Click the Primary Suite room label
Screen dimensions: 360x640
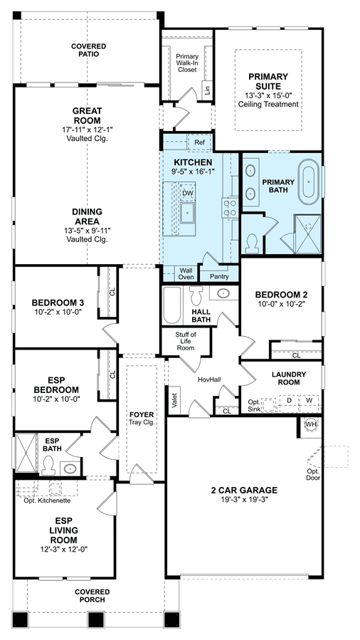click(268, 81)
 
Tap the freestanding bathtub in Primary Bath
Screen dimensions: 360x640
click(309, 182)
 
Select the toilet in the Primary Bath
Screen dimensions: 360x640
click(253, 243)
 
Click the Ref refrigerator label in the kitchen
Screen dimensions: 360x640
click(199, 142)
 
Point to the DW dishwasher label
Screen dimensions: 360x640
click(187, 193)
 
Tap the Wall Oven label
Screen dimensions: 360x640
click(186, 273)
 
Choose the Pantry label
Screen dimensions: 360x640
click(219, 276)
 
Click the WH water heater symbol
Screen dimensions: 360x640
click(311, 424)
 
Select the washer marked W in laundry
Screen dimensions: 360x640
click(309, 400)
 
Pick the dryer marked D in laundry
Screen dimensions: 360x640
click(289, 400)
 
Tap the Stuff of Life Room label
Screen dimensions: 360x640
click(186, 342)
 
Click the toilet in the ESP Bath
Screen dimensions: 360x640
click(48, 465)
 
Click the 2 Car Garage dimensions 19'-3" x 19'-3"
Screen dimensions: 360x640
click(244, 500)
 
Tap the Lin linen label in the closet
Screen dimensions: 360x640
click(208, 90)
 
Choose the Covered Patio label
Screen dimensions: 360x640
click(88, 51)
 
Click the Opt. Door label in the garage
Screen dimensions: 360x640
click(314, 475)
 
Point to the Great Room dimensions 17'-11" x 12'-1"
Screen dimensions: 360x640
click(88, 130)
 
